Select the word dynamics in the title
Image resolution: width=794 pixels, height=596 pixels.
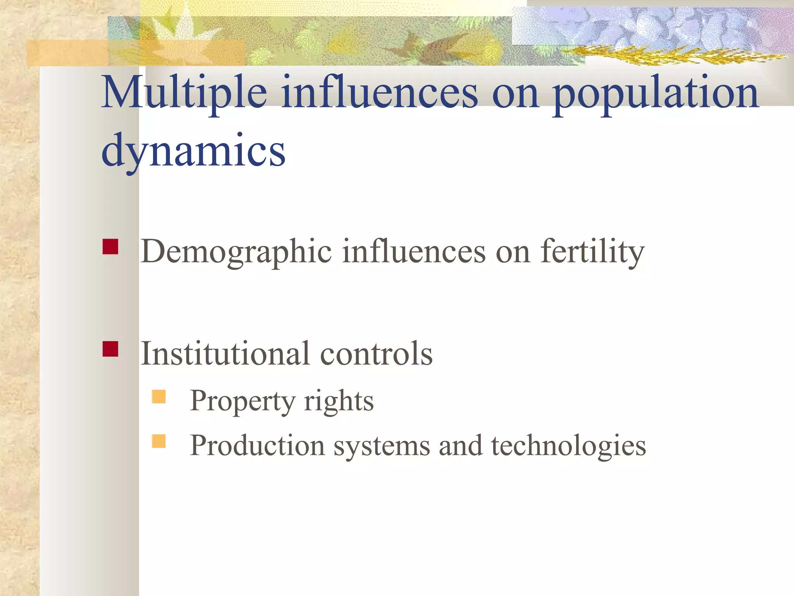click(x=193, y=151)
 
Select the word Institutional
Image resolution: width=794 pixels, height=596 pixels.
click(x=225, y=353)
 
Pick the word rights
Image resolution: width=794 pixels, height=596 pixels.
click(x=339, y=401)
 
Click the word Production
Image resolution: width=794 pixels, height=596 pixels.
click(x=257, y=445)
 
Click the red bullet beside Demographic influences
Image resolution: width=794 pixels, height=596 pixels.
click(x=110, y=247)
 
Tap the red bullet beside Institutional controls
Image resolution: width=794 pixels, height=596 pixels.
click(x=110, y=349)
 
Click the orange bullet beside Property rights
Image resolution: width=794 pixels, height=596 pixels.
click(x=159, y=397)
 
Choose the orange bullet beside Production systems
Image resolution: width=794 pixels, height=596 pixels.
click(x=159, y=441)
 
